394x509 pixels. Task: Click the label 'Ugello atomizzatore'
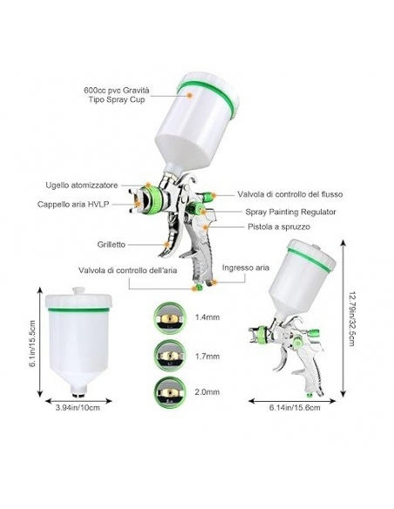pos(81,186)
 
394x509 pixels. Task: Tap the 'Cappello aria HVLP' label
pos(73,204)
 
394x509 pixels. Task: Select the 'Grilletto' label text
pos(111,244)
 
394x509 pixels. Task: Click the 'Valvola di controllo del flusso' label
pos(289,194)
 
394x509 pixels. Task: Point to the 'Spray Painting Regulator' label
pos(290,212)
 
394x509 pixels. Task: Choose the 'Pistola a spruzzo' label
pos(279,227)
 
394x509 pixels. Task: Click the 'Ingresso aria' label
pos(246,268)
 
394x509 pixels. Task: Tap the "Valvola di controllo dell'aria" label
pos(127,270)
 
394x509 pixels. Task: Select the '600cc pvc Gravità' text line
pos(117,90)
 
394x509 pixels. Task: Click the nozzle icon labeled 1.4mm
pos(169,318)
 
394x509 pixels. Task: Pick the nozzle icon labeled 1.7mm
pos(169,356)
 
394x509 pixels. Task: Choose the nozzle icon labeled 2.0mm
pos(169,392)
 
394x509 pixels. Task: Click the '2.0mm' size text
pos(207,392)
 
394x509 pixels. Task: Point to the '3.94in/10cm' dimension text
pos(78,408)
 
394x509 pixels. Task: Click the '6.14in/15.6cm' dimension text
pos(295,407)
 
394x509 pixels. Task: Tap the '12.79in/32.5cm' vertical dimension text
pos(351,318)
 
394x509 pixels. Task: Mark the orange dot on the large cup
pos(190,95)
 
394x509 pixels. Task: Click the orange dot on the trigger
pos(166,244)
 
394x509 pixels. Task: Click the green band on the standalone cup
pos(78,309)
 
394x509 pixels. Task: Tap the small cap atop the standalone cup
pos(78,290)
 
